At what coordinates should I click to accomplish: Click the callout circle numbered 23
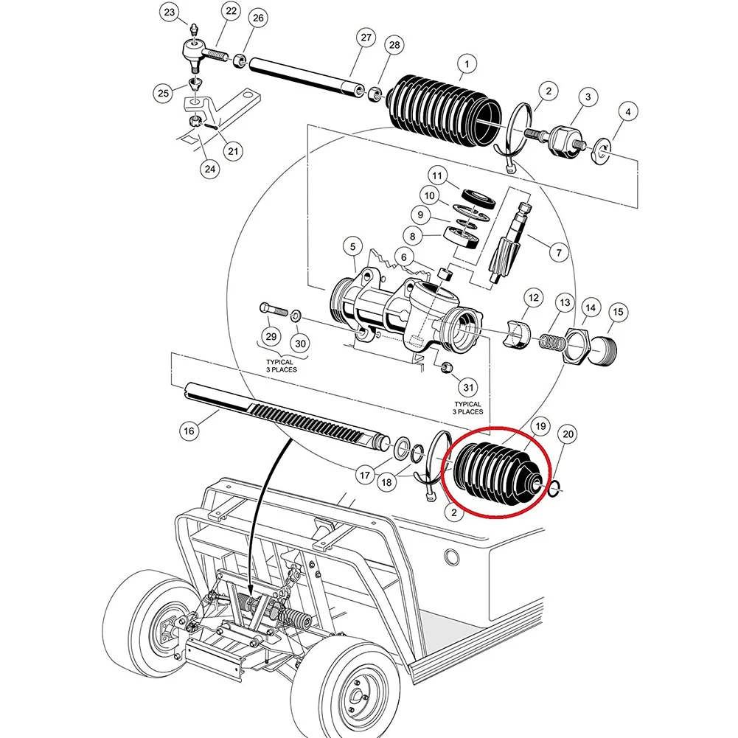coord(170,13)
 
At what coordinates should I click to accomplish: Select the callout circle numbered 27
coord(366,38)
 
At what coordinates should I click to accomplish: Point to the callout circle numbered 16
coord(189,431)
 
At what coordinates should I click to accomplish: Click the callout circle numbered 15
coord(618,312)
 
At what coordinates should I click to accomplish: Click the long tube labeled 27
coord(302,74)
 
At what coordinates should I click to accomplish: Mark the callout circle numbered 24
coord(210,169)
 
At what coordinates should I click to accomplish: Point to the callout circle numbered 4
coord(627,113)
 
